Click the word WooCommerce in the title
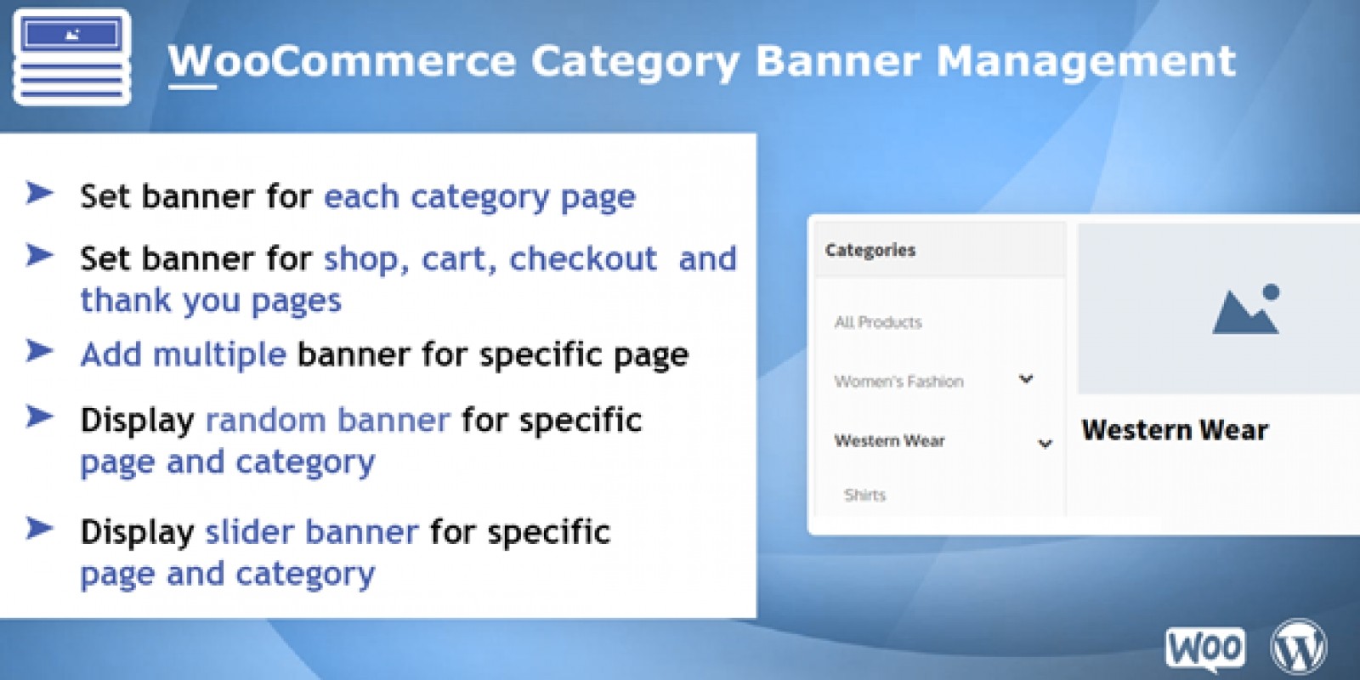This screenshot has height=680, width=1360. coord(342,60)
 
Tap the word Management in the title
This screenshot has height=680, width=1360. coord(1086,61)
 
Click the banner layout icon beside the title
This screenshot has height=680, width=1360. coord(71,56)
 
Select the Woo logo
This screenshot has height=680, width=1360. coord(1204,648)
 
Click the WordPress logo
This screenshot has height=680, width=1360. coord(1299,647)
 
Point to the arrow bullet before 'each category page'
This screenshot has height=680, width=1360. coord(39,193)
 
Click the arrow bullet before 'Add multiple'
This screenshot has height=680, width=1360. coord(39,351)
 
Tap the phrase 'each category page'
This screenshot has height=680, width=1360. coord(479,197)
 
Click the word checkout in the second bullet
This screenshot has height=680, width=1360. coord(583,258)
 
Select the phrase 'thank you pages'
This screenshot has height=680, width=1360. coord(212,301)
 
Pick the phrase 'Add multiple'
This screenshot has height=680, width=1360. coord(184,354)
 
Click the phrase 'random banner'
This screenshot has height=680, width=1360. coord(328,420)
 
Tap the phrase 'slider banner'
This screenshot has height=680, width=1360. coord(312,531)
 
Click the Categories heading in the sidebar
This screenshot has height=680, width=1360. coord(870,250)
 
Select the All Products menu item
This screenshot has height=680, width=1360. coord(878,322)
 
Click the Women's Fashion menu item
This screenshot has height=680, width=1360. coord(898,382)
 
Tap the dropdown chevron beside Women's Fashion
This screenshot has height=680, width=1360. coord(1026,379)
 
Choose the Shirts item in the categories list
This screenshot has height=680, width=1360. coord(864,495)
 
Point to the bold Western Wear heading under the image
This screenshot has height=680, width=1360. coord(1175,430)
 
